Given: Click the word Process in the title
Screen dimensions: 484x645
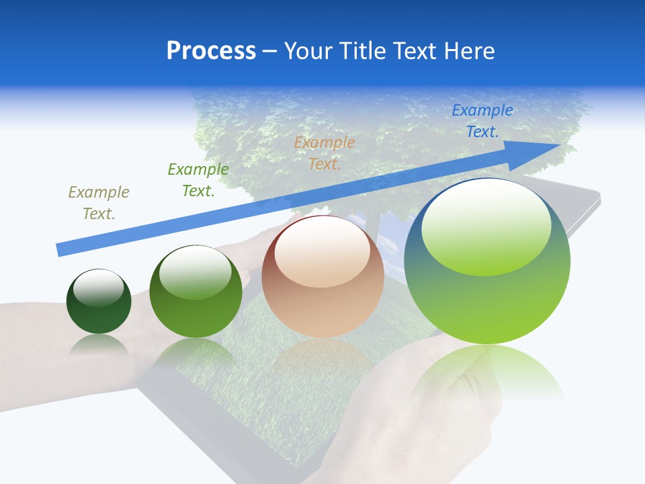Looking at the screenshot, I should [x=211, y=51].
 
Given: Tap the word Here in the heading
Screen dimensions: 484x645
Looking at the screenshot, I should [x=468, y=51].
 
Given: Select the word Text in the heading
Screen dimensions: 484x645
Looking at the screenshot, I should [x=415, y=51].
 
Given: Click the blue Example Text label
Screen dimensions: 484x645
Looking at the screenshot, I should [x=482, y=121].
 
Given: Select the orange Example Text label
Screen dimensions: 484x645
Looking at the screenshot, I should [x=325, y=153].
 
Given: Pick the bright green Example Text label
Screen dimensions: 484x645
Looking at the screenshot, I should [x=198, y=179].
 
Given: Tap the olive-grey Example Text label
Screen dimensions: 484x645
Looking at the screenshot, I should [x=99, y=202].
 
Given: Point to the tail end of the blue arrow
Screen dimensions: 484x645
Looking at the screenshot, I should [x=60, y=249].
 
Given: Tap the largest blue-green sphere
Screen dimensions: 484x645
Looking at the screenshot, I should [x=487, y=296].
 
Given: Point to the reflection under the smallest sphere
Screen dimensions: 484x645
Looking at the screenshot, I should [x=99, y=344].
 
